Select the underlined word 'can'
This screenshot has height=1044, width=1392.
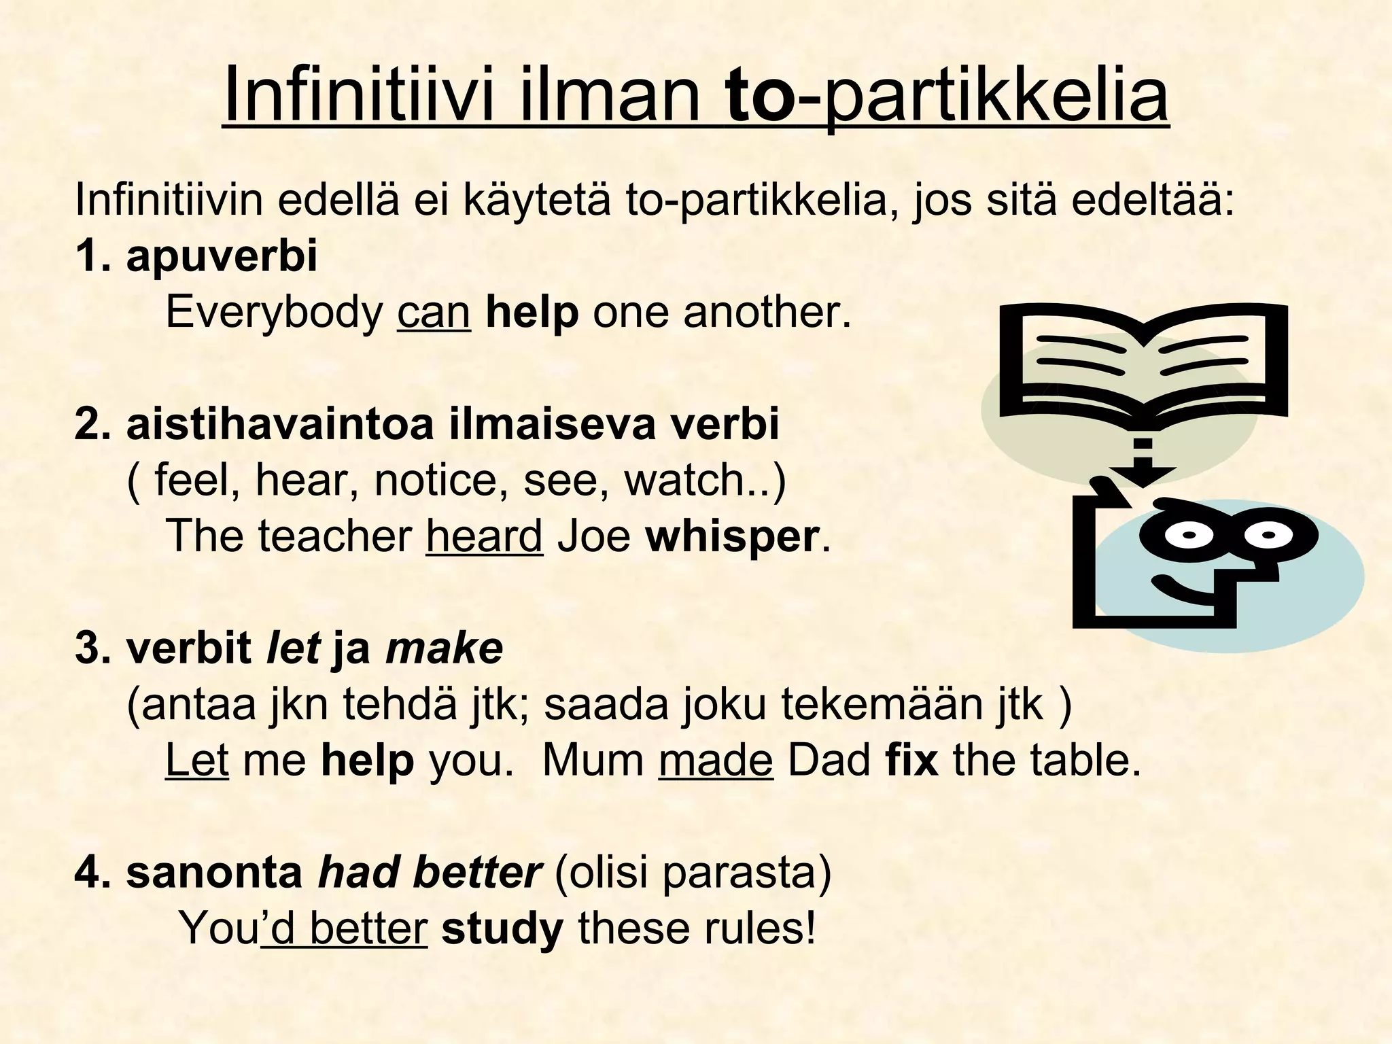(x=434, y=312)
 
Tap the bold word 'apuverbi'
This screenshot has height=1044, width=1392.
(x=222, y=256)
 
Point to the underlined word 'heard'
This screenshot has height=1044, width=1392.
(x=484, y=536)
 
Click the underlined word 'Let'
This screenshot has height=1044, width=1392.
(x=196, y=760)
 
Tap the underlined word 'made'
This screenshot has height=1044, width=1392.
(x=715, y=760)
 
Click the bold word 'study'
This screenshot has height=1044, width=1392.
(x=502, y=928)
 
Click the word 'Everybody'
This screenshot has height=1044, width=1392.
(x=275, y=312)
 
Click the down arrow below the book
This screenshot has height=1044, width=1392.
(x=1143, y=466)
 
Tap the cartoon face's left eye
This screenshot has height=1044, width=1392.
(x=1188, y=535)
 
